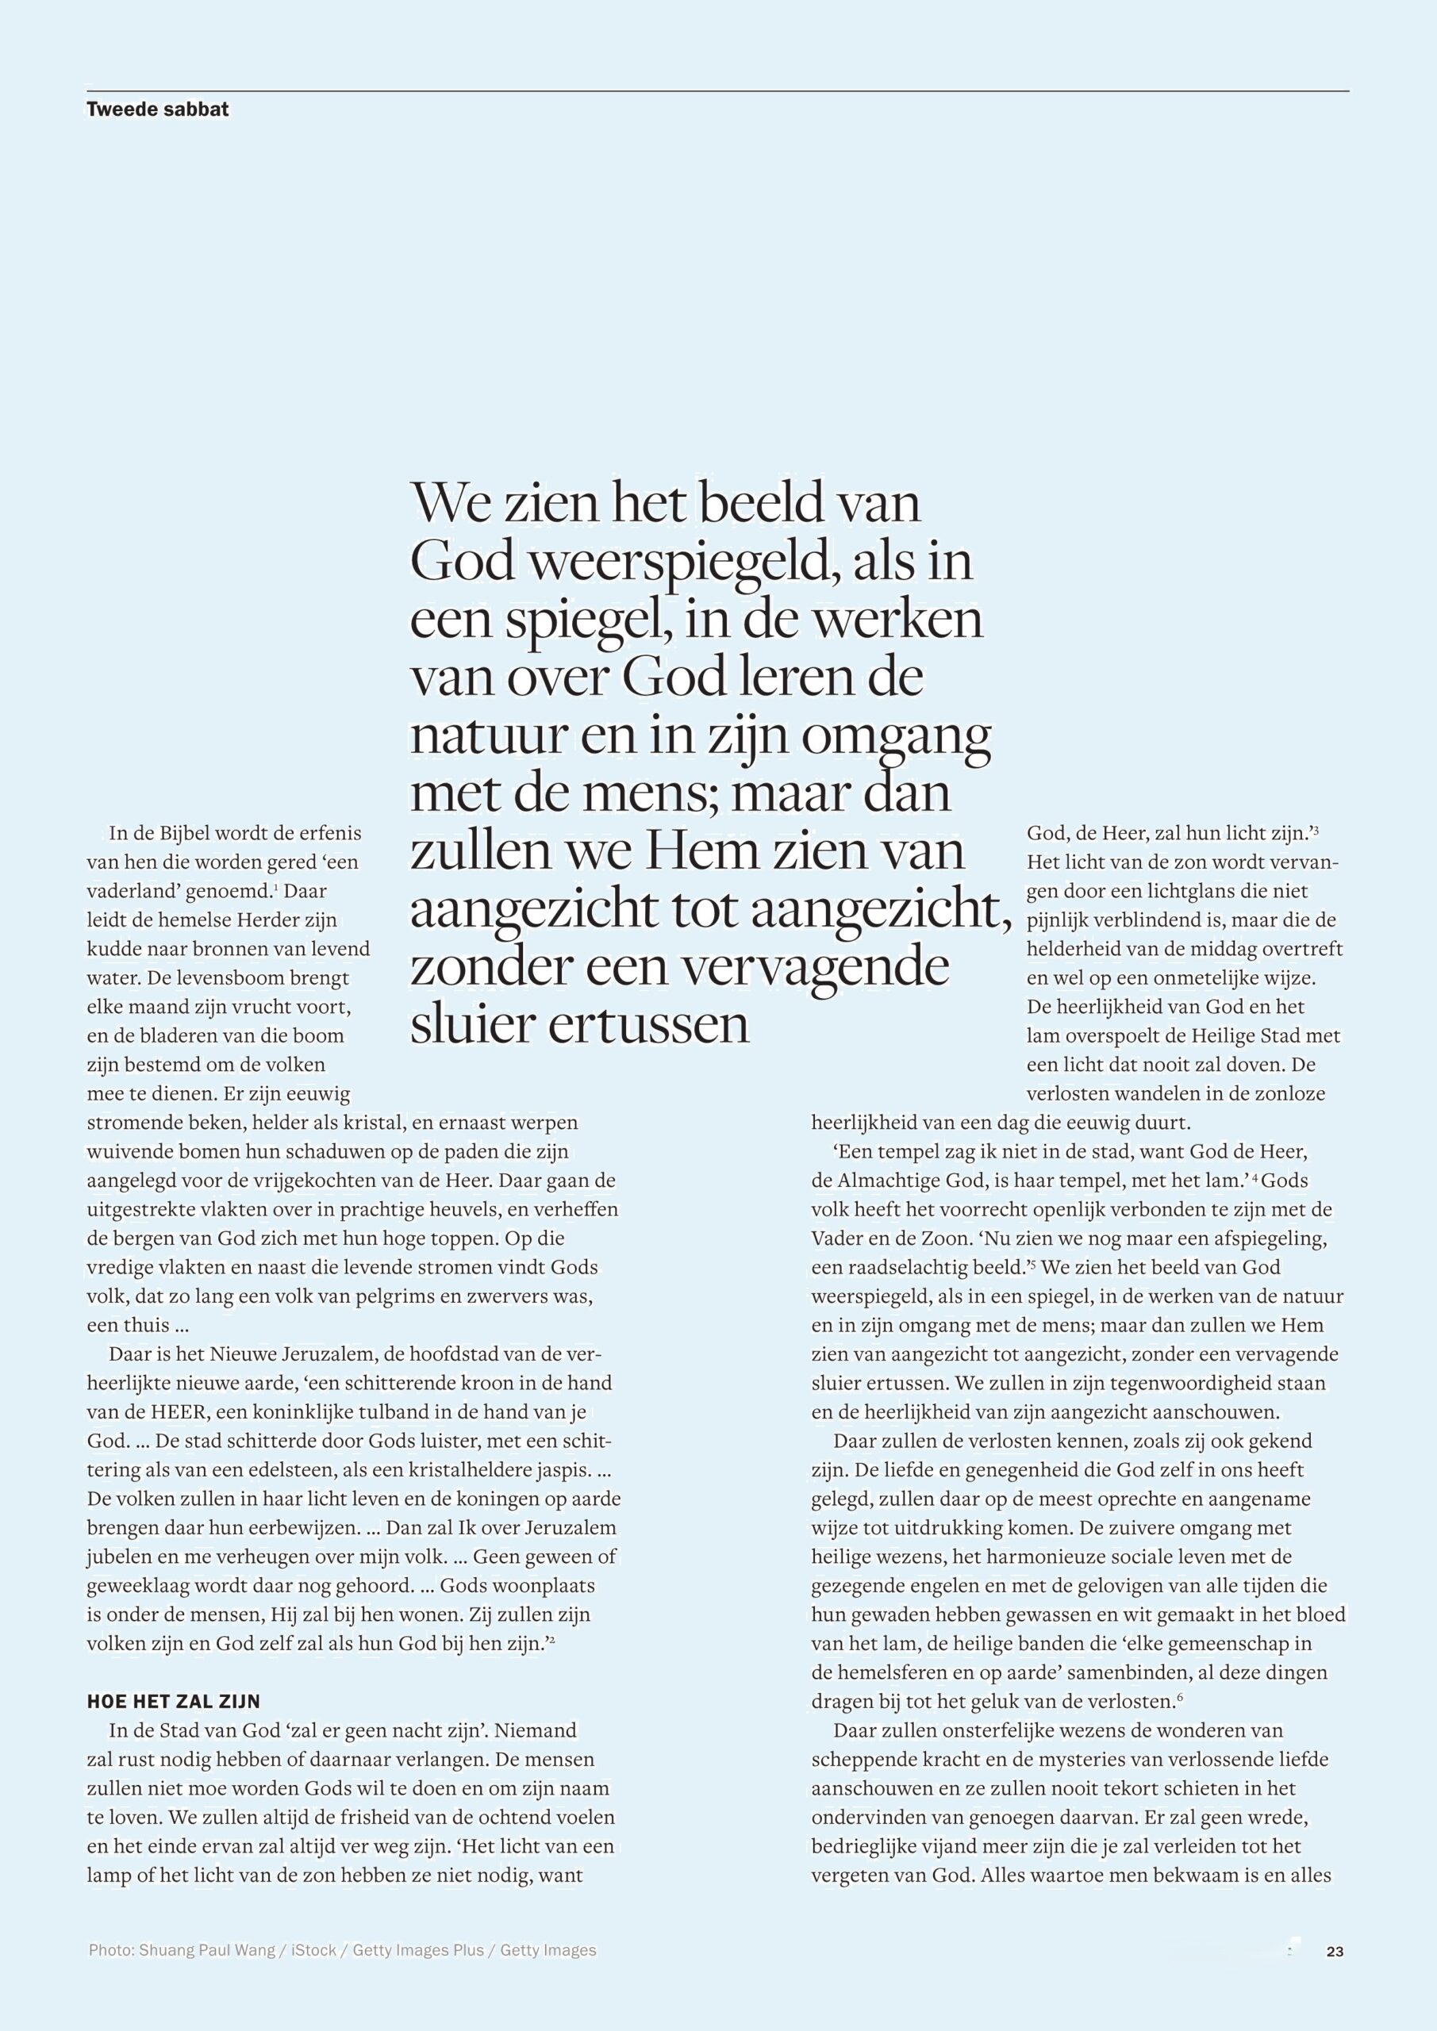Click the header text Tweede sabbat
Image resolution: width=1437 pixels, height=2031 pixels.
pyautogui.click(x=157, y=109)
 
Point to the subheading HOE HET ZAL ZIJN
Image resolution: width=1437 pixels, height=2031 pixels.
pyautogui.click(x=174, y=1701)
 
